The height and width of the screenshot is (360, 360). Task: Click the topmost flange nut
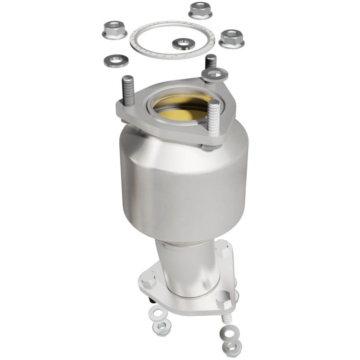(200, 10)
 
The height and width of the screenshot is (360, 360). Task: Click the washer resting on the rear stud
(214, 75)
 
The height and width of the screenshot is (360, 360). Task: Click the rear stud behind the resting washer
(210, 61)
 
